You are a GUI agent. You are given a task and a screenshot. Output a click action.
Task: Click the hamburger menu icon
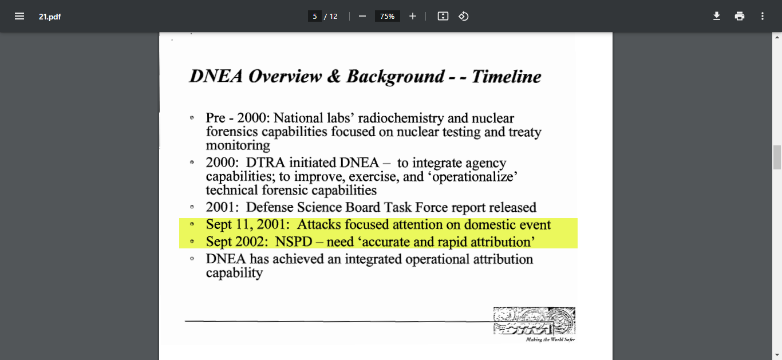point(19,16)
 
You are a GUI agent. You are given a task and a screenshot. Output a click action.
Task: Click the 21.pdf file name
point(50,17)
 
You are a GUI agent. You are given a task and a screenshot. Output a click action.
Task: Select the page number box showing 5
point(314,17)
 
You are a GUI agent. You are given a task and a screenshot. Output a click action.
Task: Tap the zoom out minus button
point(362,16)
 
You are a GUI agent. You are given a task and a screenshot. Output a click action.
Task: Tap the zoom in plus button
point(412,16)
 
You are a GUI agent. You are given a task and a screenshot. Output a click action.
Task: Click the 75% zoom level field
point(387,17)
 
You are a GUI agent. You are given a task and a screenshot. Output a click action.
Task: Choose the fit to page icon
point(443,16)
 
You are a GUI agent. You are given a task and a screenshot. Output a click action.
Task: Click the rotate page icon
point(464,16)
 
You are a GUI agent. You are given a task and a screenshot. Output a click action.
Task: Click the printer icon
point(740,16)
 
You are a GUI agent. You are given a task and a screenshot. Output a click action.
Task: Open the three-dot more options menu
point(763,16)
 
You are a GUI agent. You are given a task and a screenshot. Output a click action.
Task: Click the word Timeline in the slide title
point(506,77)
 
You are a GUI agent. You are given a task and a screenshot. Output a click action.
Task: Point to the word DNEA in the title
point(216,77)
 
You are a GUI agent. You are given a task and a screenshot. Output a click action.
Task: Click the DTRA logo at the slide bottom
point(534,321)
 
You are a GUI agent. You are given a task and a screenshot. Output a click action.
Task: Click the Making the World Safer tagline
point(550,339)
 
